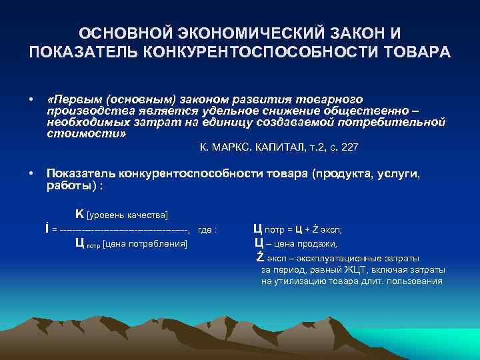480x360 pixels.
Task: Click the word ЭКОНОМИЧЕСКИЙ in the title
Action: pyautogui.click(x=230, y=33)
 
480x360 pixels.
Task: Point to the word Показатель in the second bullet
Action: pyautogui.click(x=80, y=174)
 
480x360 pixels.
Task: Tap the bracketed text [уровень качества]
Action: pyautogui.click(x=127, y=215)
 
